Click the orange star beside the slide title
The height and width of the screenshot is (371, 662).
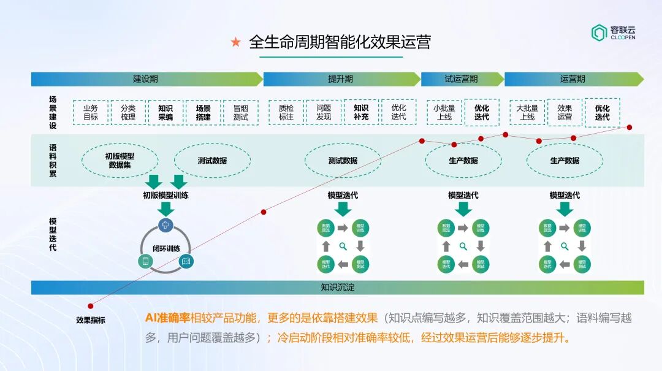(x=235, y=42)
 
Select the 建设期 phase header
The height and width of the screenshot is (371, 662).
(x=146, y=79)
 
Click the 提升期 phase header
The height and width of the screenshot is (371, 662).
(x=341, y=79)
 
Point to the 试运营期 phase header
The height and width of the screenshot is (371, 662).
(x=461, y=79)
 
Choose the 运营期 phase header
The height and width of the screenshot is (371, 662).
(x=573, y=79)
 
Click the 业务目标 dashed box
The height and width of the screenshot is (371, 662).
(x=91, y=113)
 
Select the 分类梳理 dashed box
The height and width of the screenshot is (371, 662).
(x=128, y=113)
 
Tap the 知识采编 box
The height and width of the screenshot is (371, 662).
(x=165, y=113)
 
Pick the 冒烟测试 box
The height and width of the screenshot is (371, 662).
(x=240, y=113)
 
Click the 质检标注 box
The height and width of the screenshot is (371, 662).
(x=286, y=113)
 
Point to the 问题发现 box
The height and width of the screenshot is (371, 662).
(x=324, y=113)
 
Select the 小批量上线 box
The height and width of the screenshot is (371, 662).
(x=444, y=113)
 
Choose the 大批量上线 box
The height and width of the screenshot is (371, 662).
(x=527, y=113)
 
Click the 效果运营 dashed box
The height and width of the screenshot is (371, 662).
(x=565, y=113)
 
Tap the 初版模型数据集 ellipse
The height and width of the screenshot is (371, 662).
(x=120, y=161)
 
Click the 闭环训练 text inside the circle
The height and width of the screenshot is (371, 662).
(x=166, y=248)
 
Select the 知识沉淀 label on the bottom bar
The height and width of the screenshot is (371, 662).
(x=338, y=287)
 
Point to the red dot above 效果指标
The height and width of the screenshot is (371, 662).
(x=91, y=305)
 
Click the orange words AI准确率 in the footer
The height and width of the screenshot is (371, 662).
(x=167, y=318)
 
